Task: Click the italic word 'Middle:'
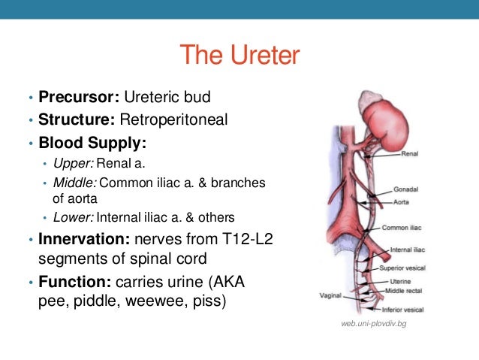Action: click(x=74, y=183)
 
